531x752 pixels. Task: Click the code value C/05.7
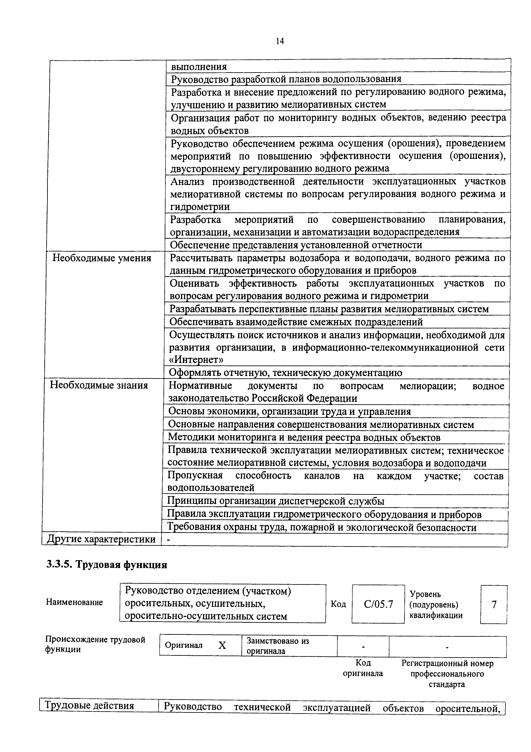[x=378, y=604]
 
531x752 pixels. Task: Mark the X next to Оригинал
[x=222, y=645]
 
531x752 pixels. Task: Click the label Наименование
[x=74, y=602]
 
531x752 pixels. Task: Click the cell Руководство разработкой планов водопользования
[x=286, y=79]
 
